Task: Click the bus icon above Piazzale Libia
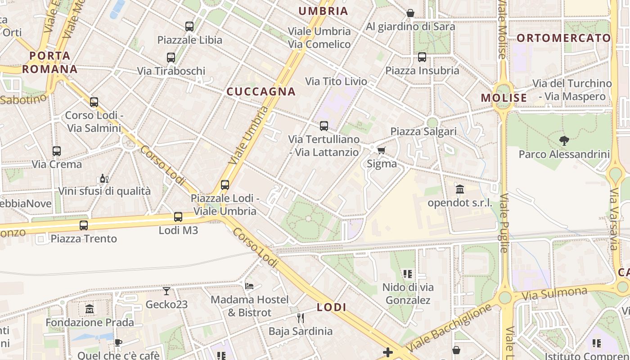[189, 27]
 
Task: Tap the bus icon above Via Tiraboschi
[171, 58]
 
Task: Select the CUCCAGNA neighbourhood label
[261, 92]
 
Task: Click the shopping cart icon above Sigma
[382, 150]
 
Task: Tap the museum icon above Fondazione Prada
[90, 309]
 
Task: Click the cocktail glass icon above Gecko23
[166, 291]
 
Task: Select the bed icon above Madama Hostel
[249, 286]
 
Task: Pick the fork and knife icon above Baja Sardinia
[301, 318]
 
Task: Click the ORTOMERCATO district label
[563, 38]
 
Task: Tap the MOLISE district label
[504, 98]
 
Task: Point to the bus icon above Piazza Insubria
[422, 57]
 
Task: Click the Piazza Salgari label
[423, 131]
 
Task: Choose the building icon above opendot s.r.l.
[460, 189]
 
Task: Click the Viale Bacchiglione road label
[448, 328]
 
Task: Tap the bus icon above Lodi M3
[178, 217]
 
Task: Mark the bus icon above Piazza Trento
[84, 225]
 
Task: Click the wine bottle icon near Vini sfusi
[104, 179]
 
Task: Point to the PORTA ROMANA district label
[50, 63]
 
